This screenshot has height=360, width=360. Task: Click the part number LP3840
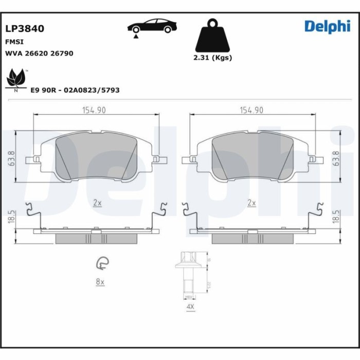[x=24, y=29]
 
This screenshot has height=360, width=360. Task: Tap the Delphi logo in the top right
[x=327, y=26]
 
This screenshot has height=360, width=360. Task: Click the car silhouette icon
[x=151, y=26]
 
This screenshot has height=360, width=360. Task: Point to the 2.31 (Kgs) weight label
[x=212, y=58]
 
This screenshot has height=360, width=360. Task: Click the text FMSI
[x=14, y=42]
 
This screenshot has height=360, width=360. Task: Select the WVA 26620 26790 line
[x=39, y=53]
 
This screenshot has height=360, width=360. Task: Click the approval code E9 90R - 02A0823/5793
[x=75, y=90]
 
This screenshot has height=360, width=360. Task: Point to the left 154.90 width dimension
[x=94, y=110]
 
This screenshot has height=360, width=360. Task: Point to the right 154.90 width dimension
[x=251, y=110]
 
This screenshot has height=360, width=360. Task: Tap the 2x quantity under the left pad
[x=97, y=203]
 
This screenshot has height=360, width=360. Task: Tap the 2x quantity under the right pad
[x=251, y=203]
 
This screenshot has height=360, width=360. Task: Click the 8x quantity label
[x=100, y=282]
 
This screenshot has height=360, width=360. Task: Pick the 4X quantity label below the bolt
[x=190, y=307]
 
